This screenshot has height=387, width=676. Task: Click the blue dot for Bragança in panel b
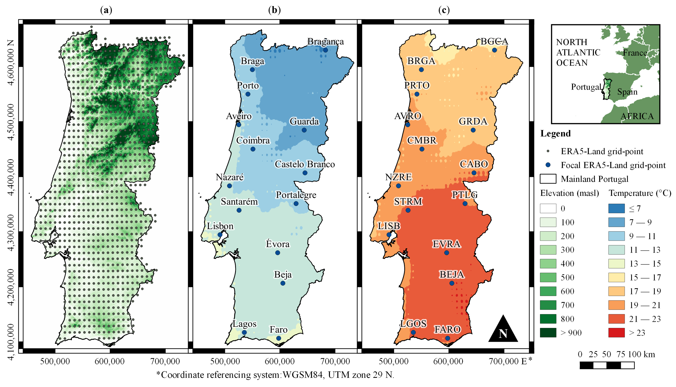325,50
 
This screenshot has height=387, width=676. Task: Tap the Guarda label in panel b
304,121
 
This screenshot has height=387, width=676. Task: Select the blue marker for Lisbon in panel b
220,235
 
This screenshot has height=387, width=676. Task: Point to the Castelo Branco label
305,164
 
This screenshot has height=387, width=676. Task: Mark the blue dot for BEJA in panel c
452,283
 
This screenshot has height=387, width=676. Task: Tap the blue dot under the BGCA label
494,50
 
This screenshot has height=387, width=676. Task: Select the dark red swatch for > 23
616,333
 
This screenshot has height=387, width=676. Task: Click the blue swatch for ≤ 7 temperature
616,208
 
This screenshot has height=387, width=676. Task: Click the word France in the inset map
634,53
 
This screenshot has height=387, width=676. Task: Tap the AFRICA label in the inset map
637,116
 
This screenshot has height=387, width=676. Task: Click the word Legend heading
555,133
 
